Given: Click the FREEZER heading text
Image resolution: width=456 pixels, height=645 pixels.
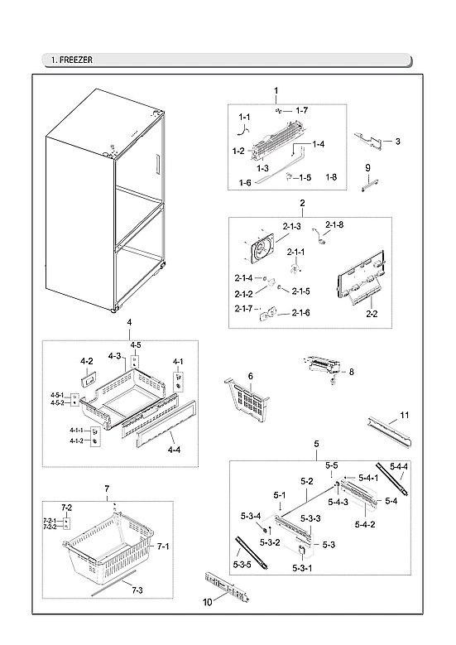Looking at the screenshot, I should click(x=74, y=60).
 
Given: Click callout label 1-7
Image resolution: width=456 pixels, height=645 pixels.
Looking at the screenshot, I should click(x=302, y=110).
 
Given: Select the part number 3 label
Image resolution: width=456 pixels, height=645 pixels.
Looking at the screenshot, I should click(x=397, y=142).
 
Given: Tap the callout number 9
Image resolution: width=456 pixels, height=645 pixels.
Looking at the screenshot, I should click(x=367, y=168).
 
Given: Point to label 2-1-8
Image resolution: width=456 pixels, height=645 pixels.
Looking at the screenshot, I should click(x=334, y=224).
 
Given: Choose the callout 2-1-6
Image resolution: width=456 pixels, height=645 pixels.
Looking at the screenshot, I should click(x=299, y=312).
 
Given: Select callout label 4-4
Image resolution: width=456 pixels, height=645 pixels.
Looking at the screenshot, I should click(x=174, y=450).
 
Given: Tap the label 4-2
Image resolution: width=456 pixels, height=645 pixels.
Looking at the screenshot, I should click(x=86, y=362).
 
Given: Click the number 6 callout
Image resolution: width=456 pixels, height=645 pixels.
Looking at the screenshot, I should click(x=250, y=376).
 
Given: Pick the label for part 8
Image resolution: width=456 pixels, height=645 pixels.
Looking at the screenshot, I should click(x=351, y=373).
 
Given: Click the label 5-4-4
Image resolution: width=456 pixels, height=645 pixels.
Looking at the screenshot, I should click(x=399, y=468).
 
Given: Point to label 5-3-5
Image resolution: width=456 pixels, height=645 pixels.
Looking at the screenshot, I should click(x=242, y=565).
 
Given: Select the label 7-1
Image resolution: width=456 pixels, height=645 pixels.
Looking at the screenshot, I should click(x=163, y=546).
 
